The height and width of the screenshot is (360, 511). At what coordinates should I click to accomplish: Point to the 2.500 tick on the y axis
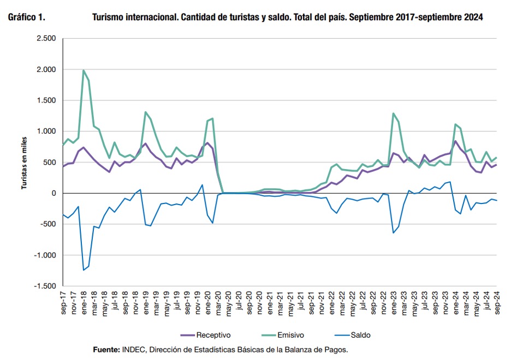(46, 39)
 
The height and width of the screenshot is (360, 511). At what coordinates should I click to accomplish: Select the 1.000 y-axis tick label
(46, 131)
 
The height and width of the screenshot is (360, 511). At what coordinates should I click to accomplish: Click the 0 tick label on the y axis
(54, 194)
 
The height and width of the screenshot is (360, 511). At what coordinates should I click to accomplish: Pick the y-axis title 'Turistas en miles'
(24, 163)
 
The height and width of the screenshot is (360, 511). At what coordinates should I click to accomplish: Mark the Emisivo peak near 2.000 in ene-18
(84, 70)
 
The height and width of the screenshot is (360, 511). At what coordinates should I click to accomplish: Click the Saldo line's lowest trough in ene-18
(84, 270)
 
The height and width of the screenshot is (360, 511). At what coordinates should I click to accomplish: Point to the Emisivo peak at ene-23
(393, 113)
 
